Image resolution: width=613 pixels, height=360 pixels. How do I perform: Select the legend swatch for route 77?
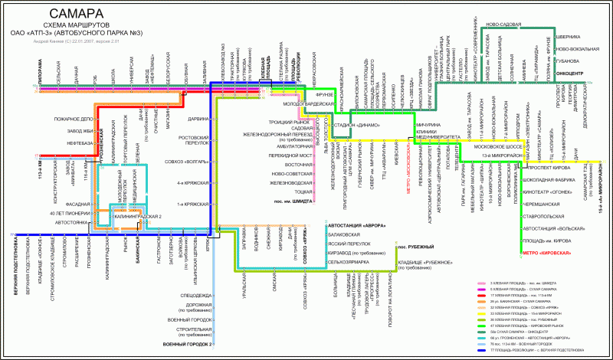point(474,349)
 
